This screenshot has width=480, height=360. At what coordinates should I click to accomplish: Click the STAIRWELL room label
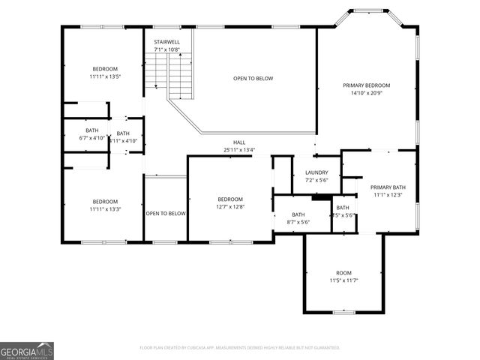point(166,42)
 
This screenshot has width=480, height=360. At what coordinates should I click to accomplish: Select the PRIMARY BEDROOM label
point(366,85)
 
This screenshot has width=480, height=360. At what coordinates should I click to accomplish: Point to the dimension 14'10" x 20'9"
point(366,93)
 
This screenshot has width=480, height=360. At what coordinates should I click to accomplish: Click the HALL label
point(239,142)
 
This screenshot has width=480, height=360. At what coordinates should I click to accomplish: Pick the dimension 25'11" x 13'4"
point(239,149)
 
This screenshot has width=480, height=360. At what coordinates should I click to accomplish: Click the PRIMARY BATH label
point(388,187)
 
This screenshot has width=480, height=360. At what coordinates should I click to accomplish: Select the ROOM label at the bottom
point(343,273)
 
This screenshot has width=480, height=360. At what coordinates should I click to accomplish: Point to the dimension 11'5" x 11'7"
point(343,280)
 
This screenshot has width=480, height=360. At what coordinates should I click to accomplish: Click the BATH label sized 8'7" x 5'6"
point(298,214)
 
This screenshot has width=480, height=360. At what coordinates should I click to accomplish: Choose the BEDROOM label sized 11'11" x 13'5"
point(105,68)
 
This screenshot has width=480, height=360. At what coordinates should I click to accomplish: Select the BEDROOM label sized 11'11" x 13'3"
point(105,201)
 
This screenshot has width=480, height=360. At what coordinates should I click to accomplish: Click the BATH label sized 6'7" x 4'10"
point(92,130)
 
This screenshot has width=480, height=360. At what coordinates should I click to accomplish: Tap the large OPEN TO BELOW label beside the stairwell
point(253,78)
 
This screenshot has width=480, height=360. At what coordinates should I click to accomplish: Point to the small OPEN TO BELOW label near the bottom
point(166,214)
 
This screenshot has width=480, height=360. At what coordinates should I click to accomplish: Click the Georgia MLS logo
point(27,350)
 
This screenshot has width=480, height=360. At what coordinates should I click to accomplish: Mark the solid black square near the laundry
point(322,198)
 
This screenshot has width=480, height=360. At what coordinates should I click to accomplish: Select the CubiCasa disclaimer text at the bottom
point(240,347)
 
